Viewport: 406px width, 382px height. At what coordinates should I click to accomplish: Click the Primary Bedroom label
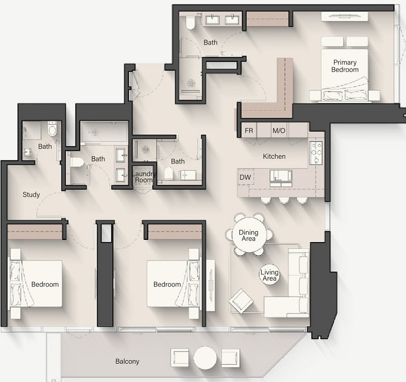pyautogui.click(x=345, y=66)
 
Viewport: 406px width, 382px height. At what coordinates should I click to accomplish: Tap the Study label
pyautogui.click(x=31, y=194)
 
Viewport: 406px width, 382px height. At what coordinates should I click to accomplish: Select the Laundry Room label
pyautogui.click(x=144, y=177)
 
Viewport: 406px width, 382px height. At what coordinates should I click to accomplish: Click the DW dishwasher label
pyautogui.click(x=245, y=177)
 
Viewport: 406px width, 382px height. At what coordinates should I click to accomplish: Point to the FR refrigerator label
pyautogui.click(x=249, y=131)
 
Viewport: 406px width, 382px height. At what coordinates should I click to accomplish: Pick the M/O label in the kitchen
pyautogui.click(x=279, y=131)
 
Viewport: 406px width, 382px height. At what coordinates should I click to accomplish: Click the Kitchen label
pyautogui.click(x=274, y=156)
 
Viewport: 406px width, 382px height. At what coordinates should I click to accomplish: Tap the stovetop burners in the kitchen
pyautogui.click(x=316, y=152)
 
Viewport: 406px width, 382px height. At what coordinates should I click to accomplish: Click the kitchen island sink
pyautogui.click(x=281, y=179)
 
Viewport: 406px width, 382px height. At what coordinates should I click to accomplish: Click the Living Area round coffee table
pyautogui.click(x=269, y=275)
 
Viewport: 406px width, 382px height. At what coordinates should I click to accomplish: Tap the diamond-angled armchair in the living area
pyautogui.click(x=241, y=301)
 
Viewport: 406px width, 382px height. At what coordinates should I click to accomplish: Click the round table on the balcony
pyautogui.click(x=205, y=358)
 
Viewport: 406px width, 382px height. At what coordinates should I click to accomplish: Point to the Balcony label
pyautogui.click(x=127, y=361)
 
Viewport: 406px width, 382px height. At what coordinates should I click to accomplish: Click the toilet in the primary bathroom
pyautogui.click(x=190, y=22)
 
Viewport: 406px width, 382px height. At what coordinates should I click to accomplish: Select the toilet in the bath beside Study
pyautogui.click(x=52, y=129)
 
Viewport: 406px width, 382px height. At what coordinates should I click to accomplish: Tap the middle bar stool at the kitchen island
pyautogui.click(x=284, y=200)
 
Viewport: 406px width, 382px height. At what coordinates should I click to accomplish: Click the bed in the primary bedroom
pyautogui.click(x=345, y=75)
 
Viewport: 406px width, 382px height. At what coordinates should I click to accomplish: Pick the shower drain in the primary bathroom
pyautogui.click(x=191, y=83)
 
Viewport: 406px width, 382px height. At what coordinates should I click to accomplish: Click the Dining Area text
pyautogui.click(x=249, y=235)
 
